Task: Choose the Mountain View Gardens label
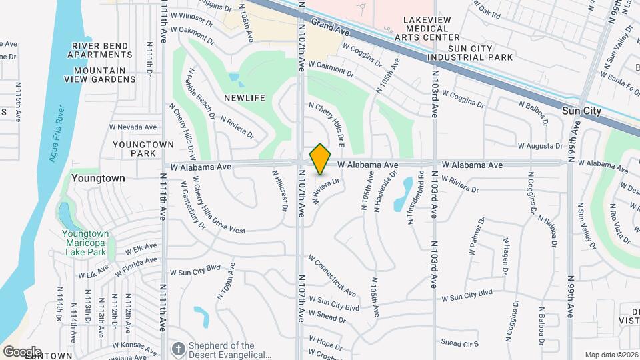pyautogui.click(x=100, y=75)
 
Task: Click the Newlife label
pyautogui.click(x=245, y=98)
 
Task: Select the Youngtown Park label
pyautogui.click(x=134, y=148)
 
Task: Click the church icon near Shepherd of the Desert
pyautogui.click(x=178, y=348)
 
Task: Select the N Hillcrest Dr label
pyautogui.click(x=279, y=189)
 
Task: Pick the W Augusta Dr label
pyautogui.click(x=541, y=146)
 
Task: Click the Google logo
pyautogui.click(x=21, y=351)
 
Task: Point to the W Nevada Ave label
pyautogui.click(x=133, y=127)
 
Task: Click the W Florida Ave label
pyautogui.click(x=136, y=267)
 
